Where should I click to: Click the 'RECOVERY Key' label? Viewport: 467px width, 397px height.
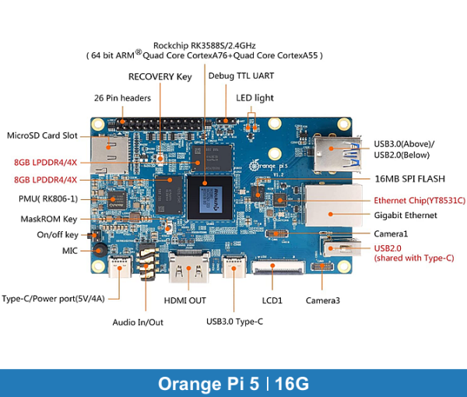tap(160, 77)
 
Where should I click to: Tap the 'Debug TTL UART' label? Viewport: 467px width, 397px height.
tap(241, 76)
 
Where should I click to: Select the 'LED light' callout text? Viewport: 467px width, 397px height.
tap(255, 98)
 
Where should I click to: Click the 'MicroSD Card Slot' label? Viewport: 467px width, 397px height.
tap(42, 135)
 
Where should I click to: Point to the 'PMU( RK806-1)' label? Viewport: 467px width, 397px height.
tap(46, 199)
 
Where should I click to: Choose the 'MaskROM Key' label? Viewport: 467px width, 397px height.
tap(48, 219)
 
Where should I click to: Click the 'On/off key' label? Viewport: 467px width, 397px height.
tap(57, 235)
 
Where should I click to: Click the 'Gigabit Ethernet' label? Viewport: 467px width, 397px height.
tap(406, 215)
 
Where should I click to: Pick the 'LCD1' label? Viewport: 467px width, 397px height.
tap(270, 300)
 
